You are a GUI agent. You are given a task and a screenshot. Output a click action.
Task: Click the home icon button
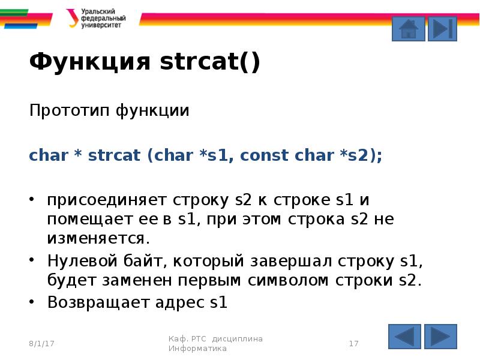click(408, 28)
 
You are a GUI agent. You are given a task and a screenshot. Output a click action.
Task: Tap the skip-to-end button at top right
click(442, 28)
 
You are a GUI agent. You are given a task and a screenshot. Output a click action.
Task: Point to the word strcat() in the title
click(209, 62)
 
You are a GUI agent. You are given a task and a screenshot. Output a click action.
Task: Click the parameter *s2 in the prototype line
click(358, 155)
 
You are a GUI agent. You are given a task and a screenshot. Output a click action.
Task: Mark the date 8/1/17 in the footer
click(41, 344)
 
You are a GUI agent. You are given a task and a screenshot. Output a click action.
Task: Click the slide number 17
click(353, 344)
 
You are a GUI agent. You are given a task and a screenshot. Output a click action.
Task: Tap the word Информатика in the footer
click(197, 349)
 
